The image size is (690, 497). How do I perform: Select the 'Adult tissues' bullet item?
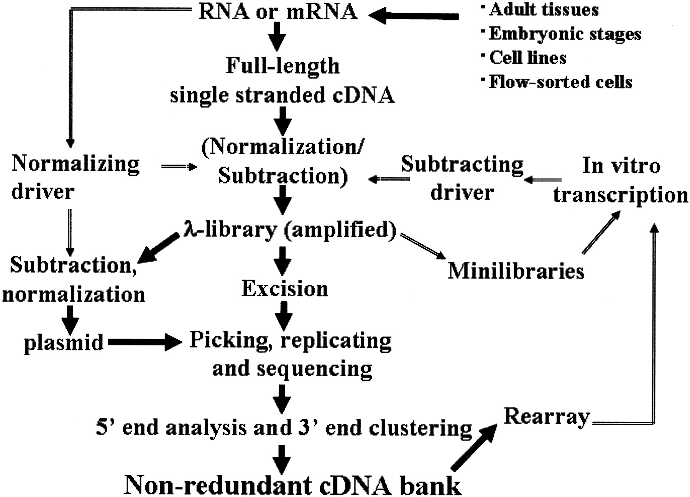[544, 10]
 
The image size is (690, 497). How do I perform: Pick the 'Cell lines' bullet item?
[528, 58]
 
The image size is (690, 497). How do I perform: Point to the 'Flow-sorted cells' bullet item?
[560, 82]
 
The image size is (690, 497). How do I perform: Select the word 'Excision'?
[285, 289]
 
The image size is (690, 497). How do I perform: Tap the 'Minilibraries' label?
[516, 271]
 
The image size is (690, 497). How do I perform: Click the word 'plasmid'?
[64, 342]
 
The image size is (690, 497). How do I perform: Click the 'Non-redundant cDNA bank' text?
[292, 485]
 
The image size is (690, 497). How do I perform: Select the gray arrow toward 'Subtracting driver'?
[543, 180]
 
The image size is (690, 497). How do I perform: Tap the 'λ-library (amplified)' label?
[290, 230]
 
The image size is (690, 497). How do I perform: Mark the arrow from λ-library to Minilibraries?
[423, 246]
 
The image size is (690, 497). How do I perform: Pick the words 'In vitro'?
[621, 166]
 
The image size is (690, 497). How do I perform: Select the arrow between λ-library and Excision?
[283, 261]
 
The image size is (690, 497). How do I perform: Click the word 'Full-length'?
[283, 66]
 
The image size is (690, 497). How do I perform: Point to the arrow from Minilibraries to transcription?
[601, 233]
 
